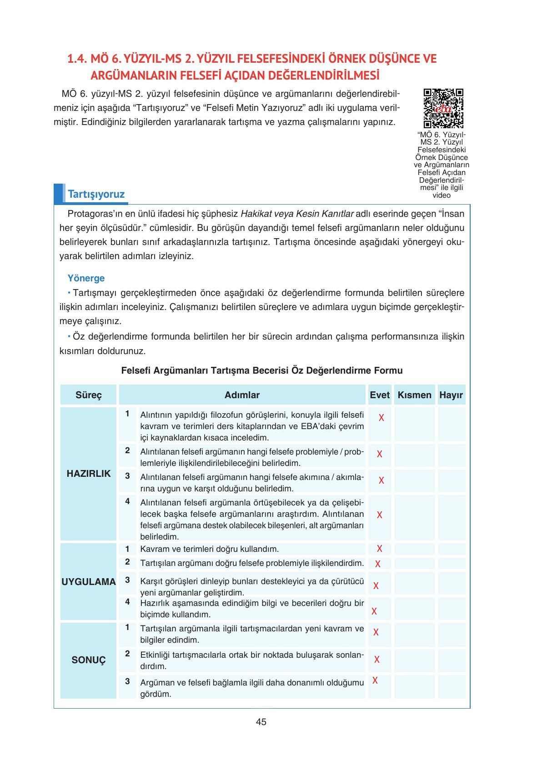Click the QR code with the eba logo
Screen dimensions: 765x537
point(443,109)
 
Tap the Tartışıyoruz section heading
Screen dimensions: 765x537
point(96,195)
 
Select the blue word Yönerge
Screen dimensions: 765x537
point(86,278)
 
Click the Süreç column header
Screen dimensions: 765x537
point(89,395)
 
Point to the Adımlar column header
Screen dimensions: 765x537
point(242,395)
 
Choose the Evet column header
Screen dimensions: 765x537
point(380,395)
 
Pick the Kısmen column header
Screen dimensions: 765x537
point(414,395)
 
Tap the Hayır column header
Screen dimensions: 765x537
point(451,395)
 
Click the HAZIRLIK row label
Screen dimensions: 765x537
point(89,474)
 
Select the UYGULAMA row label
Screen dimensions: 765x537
point(89,582)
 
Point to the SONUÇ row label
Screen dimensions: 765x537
point(89,660)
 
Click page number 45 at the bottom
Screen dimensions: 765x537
point(261,722)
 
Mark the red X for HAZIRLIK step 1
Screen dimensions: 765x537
point(381,418)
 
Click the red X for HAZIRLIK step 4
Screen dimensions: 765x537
point(380,515)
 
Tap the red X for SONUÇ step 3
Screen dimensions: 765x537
point(375,680)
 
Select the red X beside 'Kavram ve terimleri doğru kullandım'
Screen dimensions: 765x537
point(380,549)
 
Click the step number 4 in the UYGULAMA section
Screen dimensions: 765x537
point(128,602)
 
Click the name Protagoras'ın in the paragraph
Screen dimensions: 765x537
point(95,214)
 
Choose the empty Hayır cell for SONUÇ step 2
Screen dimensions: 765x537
point(451,660)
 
